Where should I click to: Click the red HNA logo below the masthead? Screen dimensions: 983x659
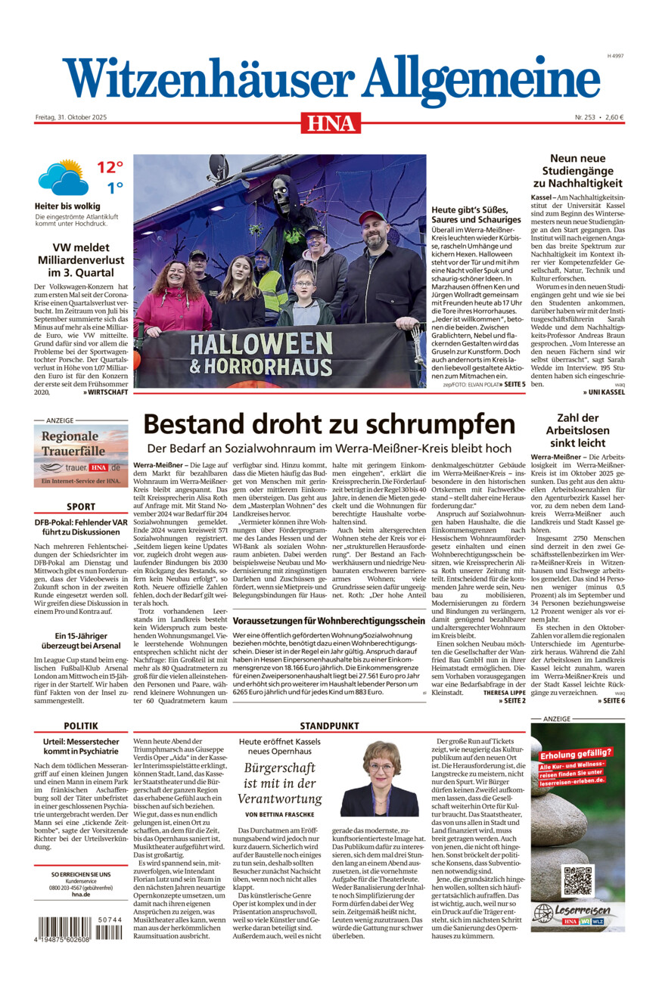331,122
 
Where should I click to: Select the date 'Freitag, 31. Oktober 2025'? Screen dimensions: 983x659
72,117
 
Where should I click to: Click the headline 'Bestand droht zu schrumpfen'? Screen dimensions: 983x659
329,423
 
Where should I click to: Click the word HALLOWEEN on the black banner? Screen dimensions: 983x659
261,344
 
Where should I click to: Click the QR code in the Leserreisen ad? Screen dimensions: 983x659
577,881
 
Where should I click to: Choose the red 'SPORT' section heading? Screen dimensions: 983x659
81,507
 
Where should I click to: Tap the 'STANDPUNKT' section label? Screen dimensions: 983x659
330,725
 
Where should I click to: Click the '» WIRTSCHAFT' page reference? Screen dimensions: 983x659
106,392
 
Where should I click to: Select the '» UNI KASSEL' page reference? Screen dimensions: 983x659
605,392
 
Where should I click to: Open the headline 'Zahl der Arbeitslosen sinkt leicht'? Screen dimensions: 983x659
577,429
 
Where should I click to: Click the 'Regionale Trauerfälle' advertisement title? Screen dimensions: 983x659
70,443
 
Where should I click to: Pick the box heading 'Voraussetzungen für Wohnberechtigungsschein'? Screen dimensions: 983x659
329,621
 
